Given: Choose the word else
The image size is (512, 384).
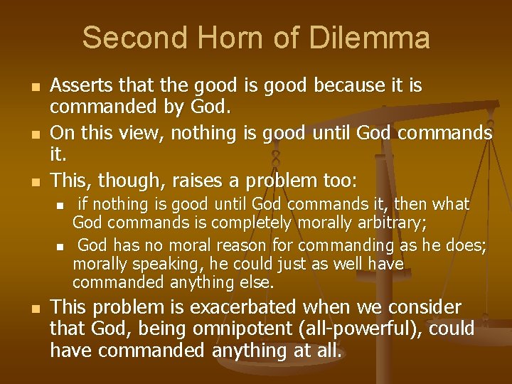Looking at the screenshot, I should (x=260, y=283).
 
